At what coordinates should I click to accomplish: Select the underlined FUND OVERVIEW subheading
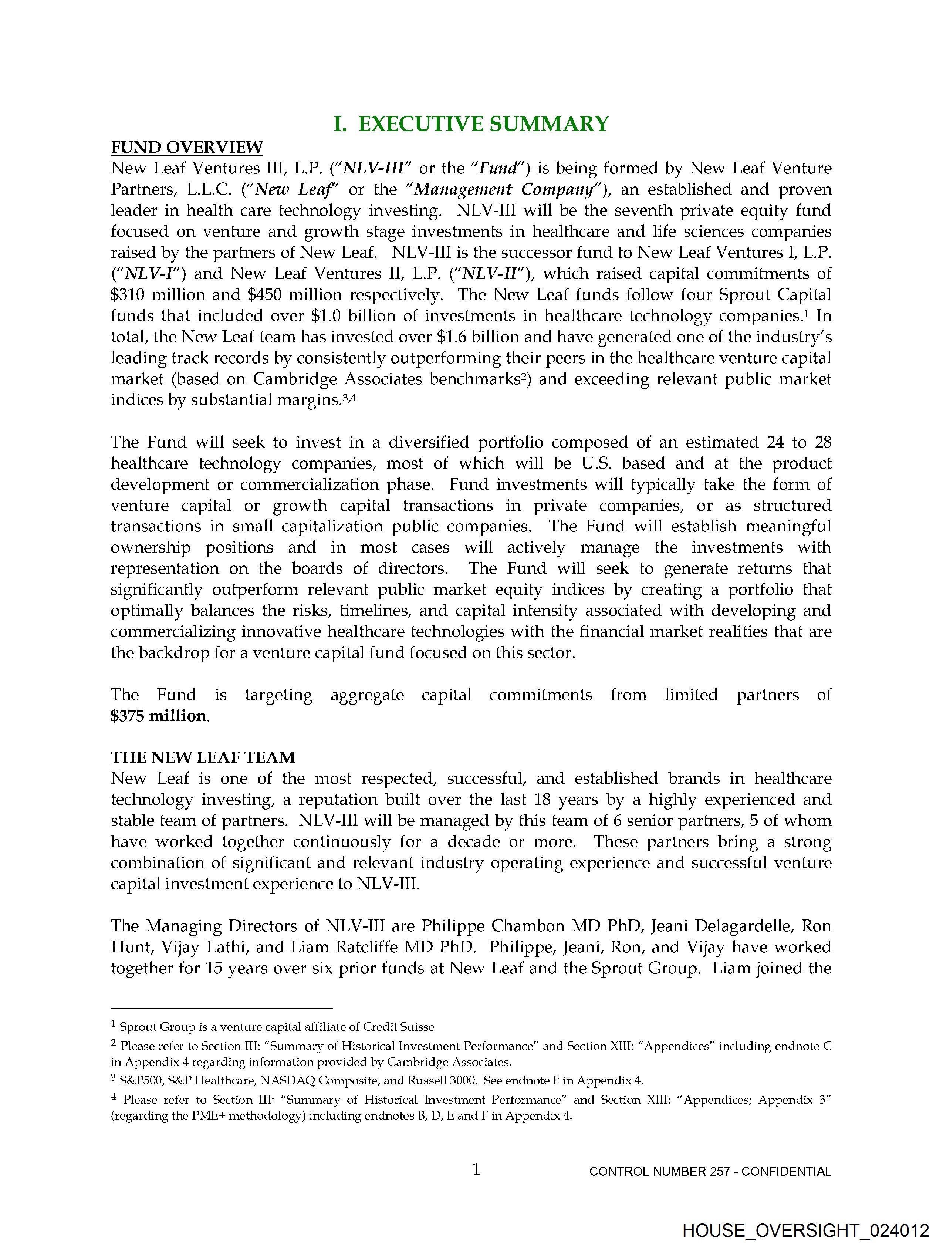pos(186,147)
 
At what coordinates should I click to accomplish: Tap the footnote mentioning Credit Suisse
pos(276,1027)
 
